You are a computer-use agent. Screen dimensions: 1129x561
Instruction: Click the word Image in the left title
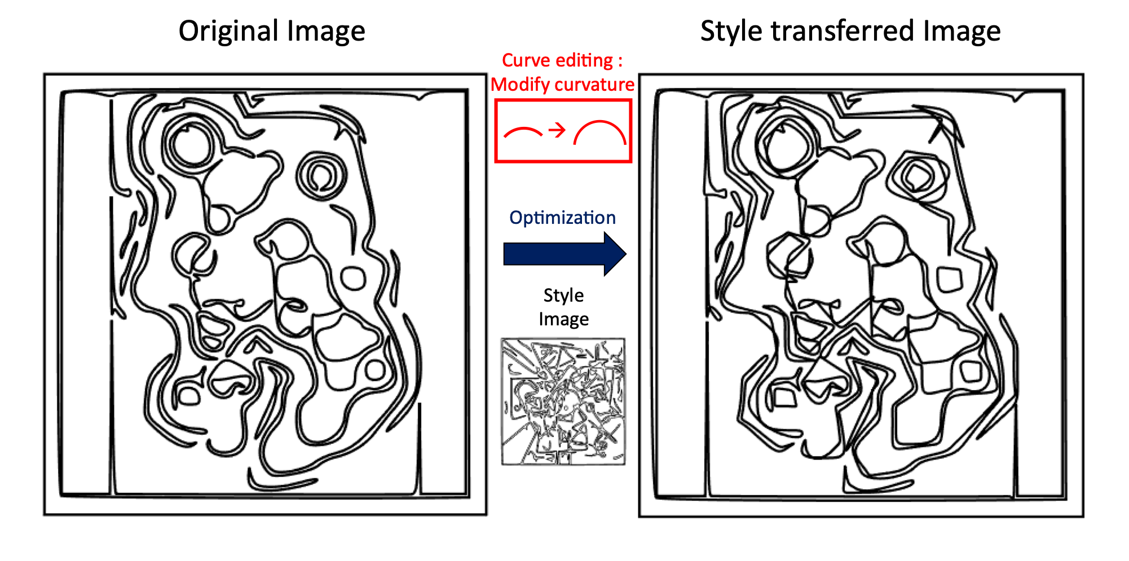click(x=327, y=32)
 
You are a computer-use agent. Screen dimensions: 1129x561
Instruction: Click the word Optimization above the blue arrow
click(x=562, y=218)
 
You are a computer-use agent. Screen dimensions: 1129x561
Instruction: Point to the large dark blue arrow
click(x=564, y=254)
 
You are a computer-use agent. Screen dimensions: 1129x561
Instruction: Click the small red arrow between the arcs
click(x=557, y=130)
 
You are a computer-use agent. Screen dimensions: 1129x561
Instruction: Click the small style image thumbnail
click(x=563, y=401)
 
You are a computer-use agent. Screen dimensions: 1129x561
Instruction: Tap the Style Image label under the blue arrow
click(x=563, y=307)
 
